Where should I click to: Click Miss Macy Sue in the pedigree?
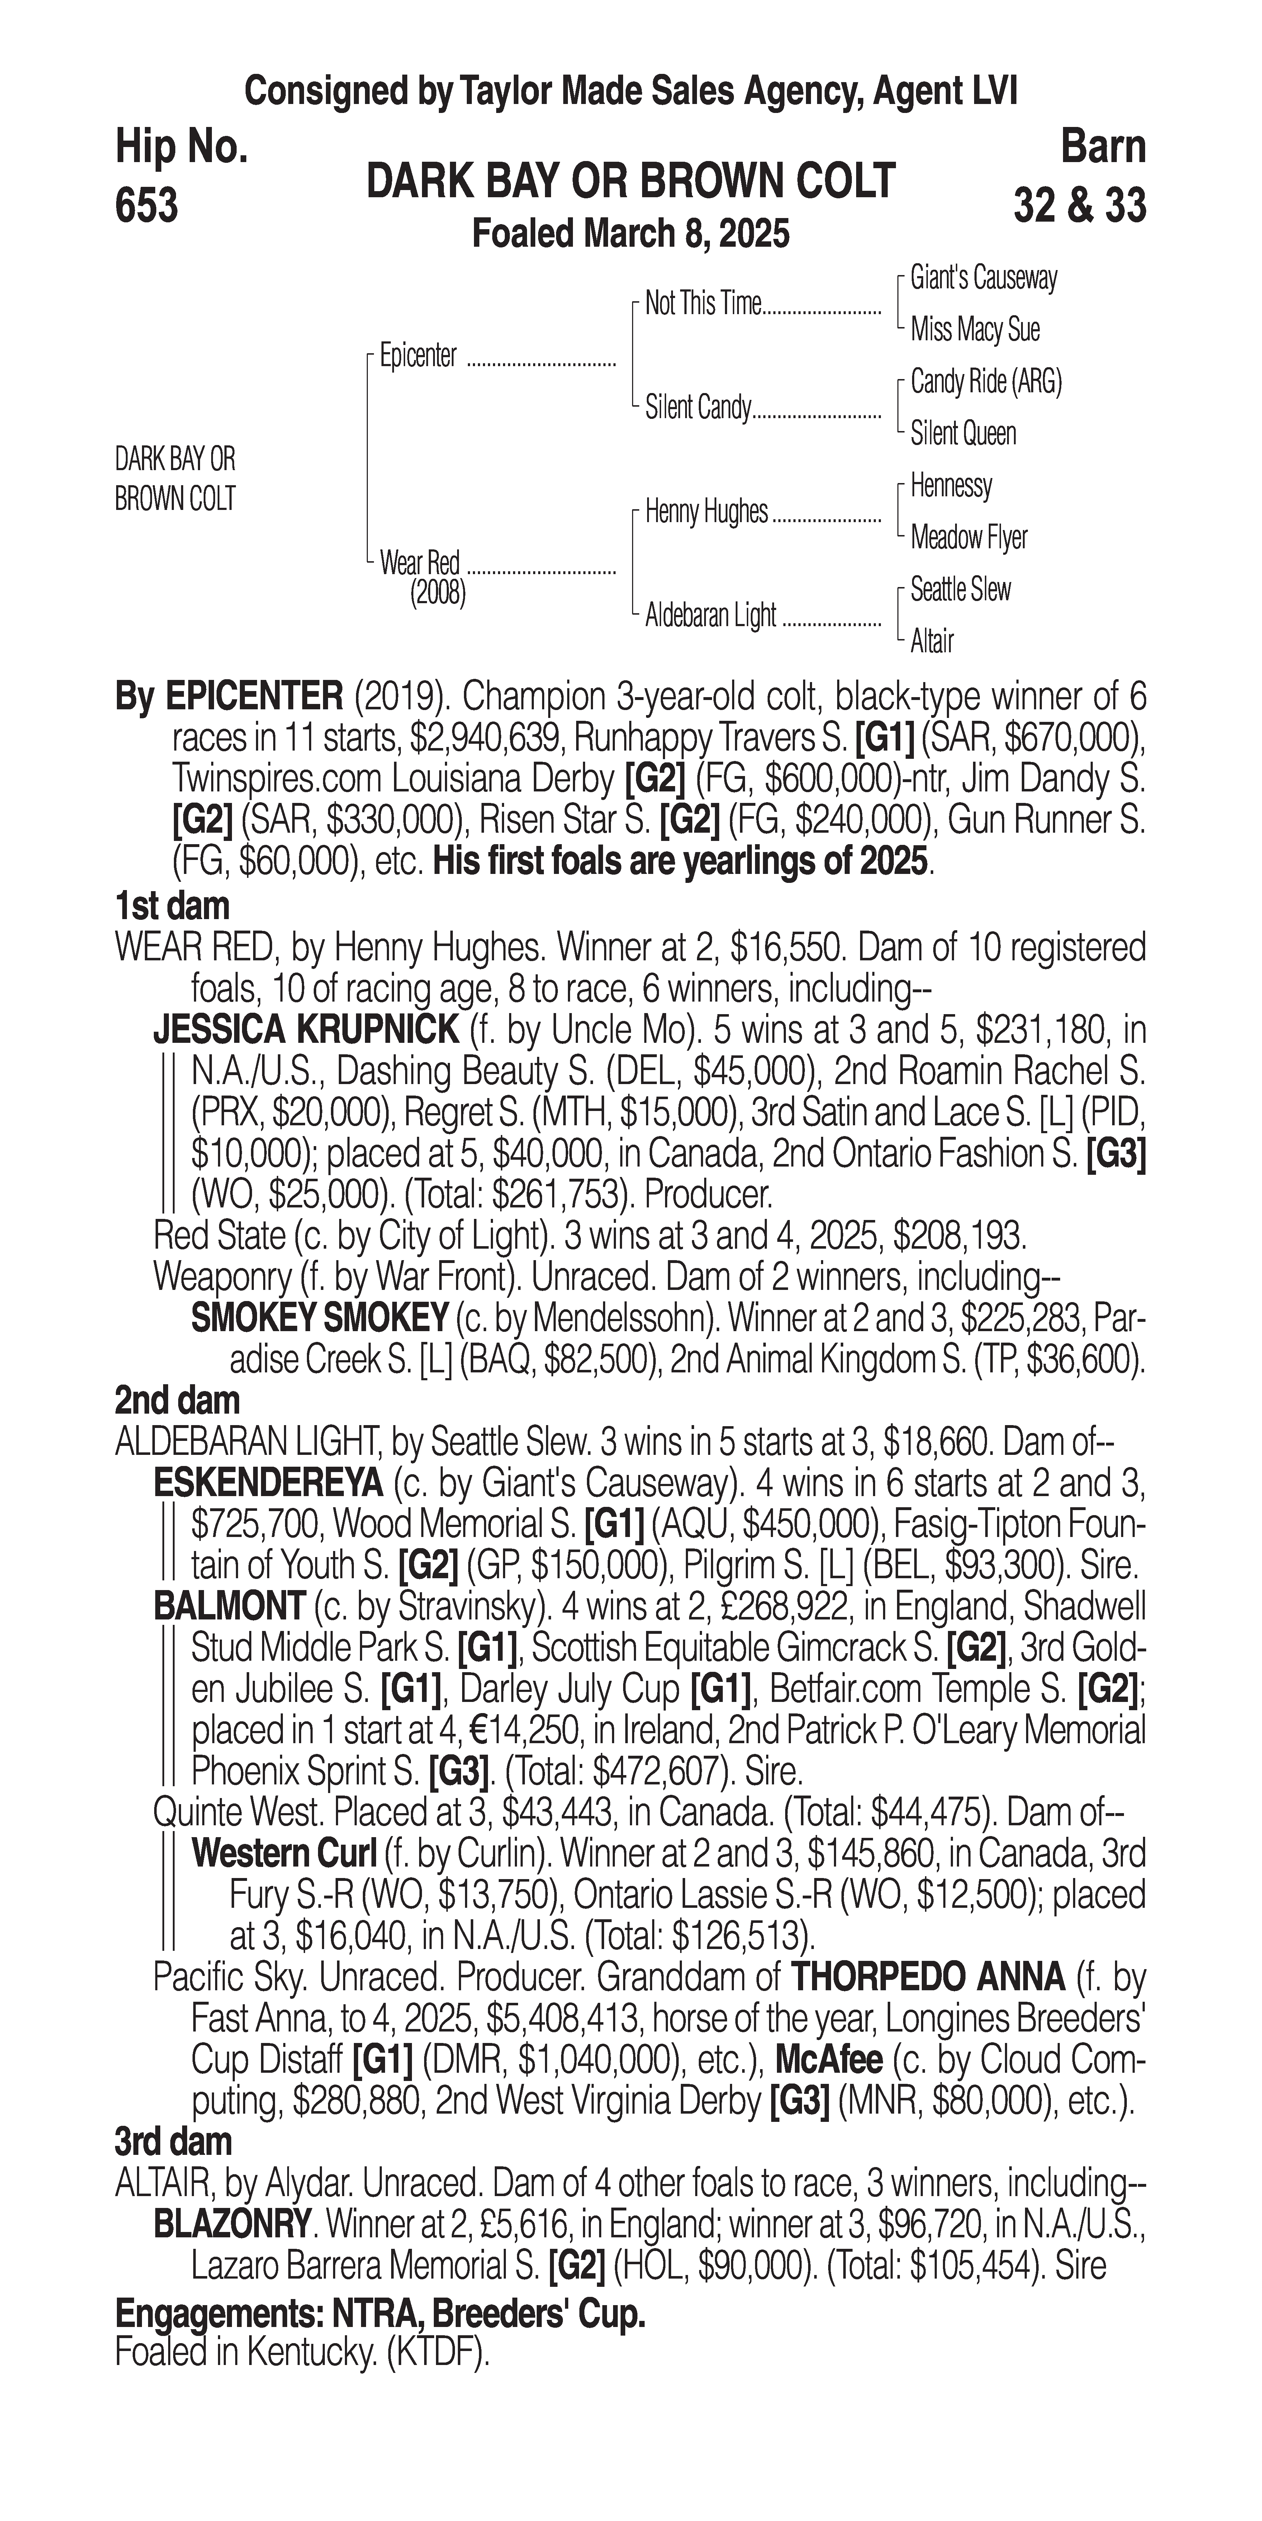point(974,330)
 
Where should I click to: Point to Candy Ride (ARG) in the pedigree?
point(985,382)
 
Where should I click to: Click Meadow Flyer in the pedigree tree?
point(968,537)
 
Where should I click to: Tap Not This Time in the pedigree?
point(702,304)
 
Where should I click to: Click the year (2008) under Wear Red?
point(437,593)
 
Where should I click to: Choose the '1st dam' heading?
point(172,905)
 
